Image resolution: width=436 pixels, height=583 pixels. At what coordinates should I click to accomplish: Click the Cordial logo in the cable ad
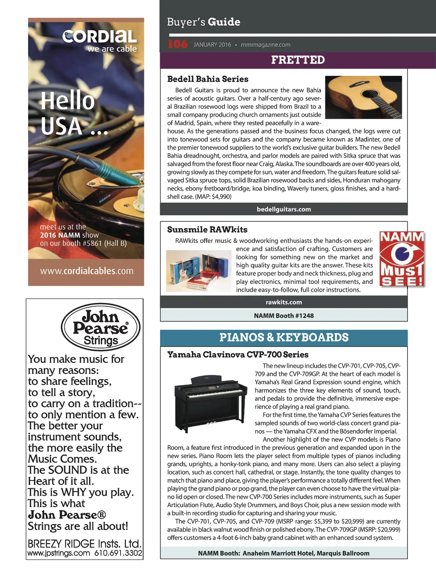coord(100,37)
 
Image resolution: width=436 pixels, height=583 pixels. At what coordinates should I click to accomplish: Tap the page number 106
coord(177,44)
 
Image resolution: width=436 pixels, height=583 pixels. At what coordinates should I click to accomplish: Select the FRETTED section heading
coord(298,60)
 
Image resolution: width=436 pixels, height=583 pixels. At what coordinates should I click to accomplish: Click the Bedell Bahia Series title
coord(207,79)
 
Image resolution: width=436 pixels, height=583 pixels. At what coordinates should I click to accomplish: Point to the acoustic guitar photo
coord(363,97)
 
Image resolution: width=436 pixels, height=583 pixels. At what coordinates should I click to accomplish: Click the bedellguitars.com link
coord(284,209)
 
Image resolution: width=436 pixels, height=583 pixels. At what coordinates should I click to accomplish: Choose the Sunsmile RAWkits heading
coord(207,230)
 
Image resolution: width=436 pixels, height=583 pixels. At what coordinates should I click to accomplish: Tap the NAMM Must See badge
coord(402,259)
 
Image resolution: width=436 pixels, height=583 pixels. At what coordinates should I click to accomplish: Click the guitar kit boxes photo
coord(199,271)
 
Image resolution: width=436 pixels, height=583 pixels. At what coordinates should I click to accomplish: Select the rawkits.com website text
coord(284,302)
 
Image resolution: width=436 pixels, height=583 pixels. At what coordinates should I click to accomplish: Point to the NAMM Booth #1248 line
coord(284,316)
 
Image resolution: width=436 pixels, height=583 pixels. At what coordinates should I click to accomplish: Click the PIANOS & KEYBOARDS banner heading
coord(284,338)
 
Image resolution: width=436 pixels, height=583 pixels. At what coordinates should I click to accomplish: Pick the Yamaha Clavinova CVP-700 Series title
coord(238,355)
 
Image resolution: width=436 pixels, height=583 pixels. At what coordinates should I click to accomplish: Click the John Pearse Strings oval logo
coord(100,327)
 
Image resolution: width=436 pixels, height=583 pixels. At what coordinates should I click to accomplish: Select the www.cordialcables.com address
coord(86,271)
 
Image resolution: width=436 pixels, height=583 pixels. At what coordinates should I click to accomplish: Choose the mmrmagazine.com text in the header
coord(265,45)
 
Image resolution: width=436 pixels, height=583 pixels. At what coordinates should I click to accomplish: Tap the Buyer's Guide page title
coord(204,22)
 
